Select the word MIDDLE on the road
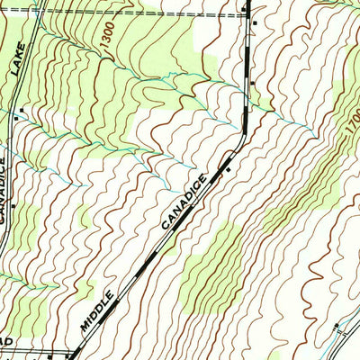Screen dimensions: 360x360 (x=98, y=310)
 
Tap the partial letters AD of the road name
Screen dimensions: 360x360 (x=4, y=346)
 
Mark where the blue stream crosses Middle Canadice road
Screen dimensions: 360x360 (x=245, y=112)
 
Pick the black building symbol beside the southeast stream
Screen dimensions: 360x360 (x=336, y=323)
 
